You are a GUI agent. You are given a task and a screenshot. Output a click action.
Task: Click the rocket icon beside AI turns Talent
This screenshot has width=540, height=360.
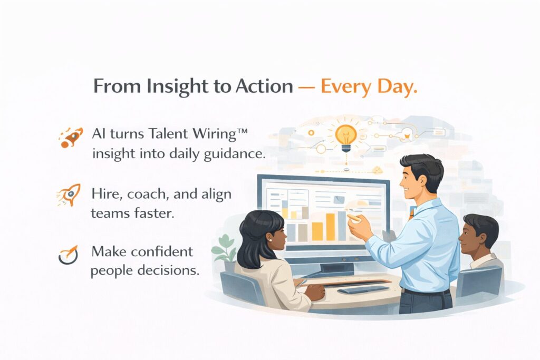[x=71, y=137]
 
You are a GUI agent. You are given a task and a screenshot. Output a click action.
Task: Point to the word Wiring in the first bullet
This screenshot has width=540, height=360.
[x=211, y=134]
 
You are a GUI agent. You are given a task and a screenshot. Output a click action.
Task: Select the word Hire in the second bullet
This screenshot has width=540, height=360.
[x=105, y=194]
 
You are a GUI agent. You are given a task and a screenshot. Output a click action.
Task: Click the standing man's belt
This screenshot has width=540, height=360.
[x=425, y=290]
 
